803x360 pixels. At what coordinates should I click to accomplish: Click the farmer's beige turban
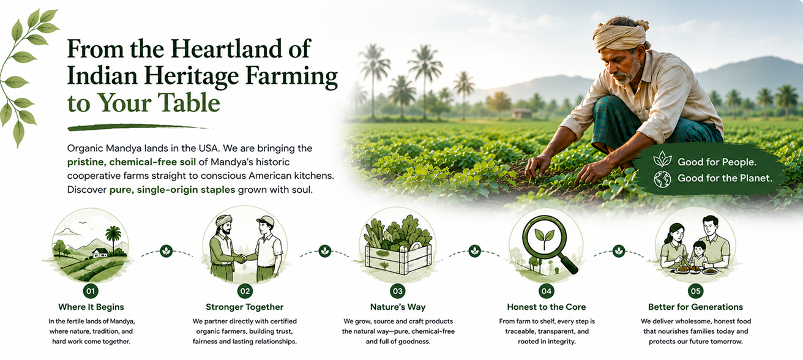[x=621, y=34]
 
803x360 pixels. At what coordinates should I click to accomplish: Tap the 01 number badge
[x=91, y=291]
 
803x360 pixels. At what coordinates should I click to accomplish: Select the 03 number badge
[x=398, y=291]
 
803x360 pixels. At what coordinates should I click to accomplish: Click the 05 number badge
[x=695, y=291]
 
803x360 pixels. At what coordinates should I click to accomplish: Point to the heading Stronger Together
[x=244, y=307]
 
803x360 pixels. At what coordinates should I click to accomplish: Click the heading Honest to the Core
[x=547, y=307]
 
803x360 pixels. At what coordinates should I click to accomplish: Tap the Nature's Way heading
[x=398, y=307]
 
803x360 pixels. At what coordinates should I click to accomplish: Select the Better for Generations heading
[x=695, y=307]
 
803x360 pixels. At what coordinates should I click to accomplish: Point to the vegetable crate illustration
[x=398, y=247]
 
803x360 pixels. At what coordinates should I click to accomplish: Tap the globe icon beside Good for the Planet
[x=662, y=179]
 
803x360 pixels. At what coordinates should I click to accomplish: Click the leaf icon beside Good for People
[x=662, y=160]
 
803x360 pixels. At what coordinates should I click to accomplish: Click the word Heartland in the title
[x=227, y=49]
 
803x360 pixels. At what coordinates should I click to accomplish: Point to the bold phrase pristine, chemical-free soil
[x=132, y=162]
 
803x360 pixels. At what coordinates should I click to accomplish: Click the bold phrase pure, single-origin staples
[x=172, y=190]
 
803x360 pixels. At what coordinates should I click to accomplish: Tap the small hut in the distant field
[x=521, y=113]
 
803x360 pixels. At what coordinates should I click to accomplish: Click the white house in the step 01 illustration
[x=100, y=253]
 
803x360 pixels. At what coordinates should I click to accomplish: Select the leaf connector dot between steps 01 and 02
[x=166, y=251]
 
